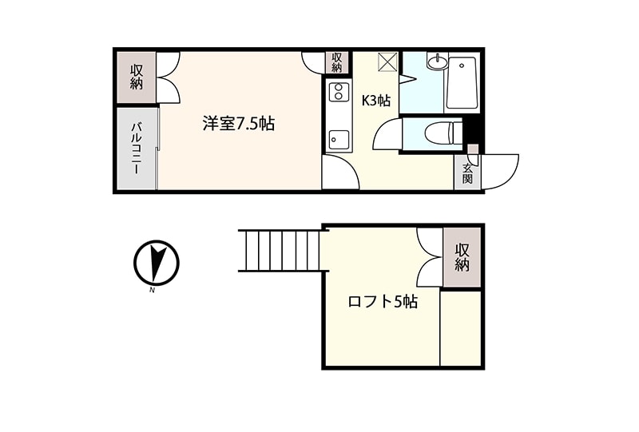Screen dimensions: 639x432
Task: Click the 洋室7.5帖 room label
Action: [238, 124]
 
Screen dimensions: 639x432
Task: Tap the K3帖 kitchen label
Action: [376, 101]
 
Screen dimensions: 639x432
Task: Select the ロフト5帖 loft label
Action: [383, 302]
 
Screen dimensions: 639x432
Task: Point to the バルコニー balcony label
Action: [136, 149]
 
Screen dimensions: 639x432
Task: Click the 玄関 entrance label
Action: [467, 173]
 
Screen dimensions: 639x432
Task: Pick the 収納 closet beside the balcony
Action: [137, 77]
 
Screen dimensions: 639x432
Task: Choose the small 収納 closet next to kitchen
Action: [336, 62]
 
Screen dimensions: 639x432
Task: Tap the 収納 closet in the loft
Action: [462, 257]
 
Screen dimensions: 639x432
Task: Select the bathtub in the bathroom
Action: [462, 83]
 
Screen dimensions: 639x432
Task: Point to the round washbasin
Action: [437, 62]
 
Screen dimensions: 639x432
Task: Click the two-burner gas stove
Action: [339, 92]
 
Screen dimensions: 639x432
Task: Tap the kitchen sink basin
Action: [339, 140]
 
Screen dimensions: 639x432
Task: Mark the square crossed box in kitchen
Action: [387, 62]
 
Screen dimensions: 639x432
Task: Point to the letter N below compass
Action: [152, 291]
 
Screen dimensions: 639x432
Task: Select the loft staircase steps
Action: [284, 251]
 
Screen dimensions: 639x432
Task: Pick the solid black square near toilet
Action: [472, 129]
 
